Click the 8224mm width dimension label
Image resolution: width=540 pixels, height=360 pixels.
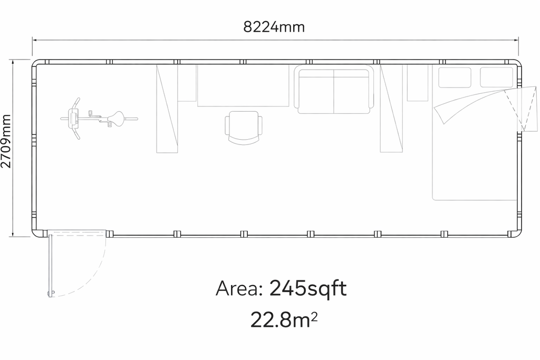coord(274,27)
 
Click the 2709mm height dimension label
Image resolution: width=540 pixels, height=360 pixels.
coord(6,141)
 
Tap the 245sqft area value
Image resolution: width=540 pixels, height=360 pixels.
coord(307,288)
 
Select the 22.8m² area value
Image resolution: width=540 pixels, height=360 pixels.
coord(283,320)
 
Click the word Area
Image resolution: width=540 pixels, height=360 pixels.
coord(239,288)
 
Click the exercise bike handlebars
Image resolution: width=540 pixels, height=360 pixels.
coord(75,119)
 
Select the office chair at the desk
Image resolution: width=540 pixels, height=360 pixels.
coord(244,128)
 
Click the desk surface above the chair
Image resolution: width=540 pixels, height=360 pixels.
coord(243,85)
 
